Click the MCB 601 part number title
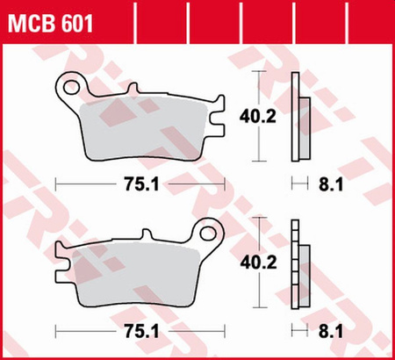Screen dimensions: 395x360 coord(50,24)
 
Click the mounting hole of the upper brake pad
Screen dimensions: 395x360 coord(71,88)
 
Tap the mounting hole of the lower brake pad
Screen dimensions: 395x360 coord(208,234)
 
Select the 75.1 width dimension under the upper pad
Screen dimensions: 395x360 coord(142,184)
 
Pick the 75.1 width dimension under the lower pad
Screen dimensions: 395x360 coord(142,332)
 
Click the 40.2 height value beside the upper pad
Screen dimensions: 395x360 coord(258,117)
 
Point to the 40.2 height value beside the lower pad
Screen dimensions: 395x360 coord(258,263)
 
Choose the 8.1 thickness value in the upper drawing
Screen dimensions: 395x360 coord(331,184)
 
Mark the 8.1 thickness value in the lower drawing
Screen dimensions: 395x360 coord(331,332)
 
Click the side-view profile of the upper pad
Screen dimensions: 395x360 coord(300,116)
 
